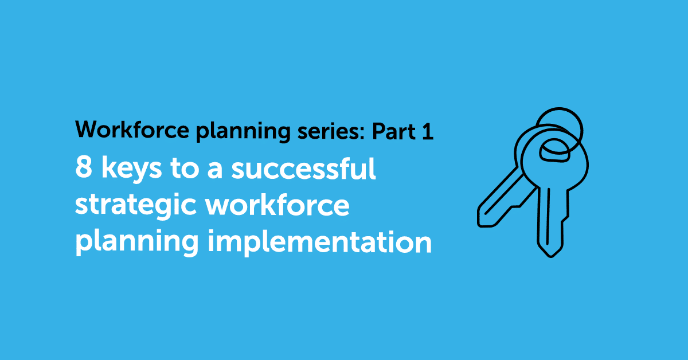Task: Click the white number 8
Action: [81, 170]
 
